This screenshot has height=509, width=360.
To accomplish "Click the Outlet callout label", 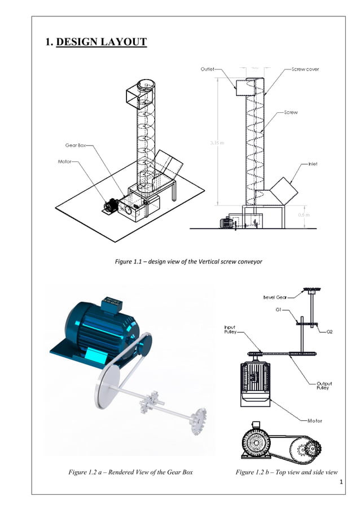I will [207, 69].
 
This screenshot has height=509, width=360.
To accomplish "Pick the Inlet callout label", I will [312, 164].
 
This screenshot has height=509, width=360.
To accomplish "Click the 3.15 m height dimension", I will [217, 143].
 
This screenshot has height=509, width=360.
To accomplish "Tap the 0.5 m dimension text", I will [304, 214].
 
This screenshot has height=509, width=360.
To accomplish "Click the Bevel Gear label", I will [276, 297].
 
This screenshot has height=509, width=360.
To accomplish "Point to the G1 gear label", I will [279, 310].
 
